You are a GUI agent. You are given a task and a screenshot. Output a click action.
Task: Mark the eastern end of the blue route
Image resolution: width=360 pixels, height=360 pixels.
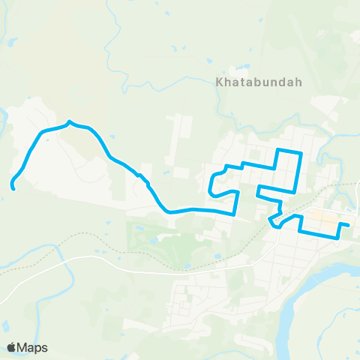click(348, 224)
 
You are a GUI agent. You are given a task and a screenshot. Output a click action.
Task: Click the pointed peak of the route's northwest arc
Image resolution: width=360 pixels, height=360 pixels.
click(70, 121)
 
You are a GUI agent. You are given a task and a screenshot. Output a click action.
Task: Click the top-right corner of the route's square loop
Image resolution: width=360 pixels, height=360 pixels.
click(301, 153)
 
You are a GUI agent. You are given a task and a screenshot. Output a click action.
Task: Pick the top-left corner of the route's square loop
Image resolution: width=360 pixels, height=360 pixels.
click(279, 151)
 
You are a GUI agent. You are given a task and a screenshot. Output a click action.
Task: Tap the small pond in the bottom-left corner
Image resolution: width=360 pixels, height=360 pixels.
click(6, 327)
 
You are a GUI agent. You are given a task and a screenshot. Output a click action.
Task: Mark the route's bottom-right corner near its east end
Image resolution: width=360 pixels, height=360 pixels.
click(337, 235)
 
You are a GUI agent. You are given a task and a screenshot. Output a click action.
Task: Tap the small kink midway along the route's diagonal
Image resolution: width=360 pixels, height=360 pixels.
click(140, 177)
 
